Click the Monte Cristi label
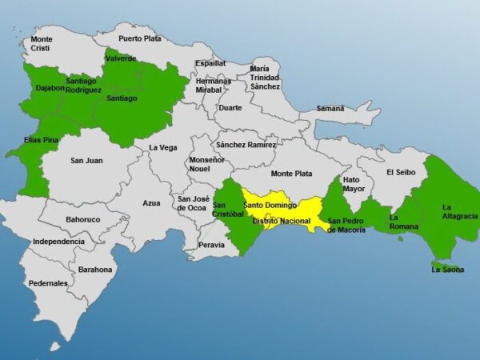click(42, 43)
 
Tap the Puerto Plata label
click(140, 38)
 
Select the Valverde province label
click(121, 58)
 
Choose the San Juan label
click(86, 161)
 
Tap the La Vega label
click(163, 147)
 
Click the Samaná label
click(330, 108)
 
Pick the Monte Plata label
click(291, 174)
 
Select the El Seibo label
click(402, 172)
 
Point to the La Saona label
click(447, 270)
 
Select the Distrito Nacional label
click(281, 220)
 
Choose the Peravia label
click(212, 245)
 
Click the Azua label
click(152, 204)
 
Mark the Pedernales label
click(48, 283)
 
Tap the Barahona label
click(95, 270)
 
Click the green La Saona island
click(445, 262)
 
